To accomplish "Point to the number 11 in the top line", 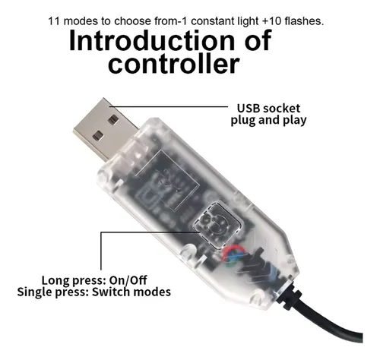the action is pyautogui.click(x=54, y=21).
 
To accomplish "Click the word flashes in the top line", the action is pyautogui.click(x=304, y=21).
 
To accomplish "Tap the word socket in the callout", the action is pyautogui.click(x=281, y=109).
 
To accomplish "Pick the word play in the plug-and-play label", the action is pyautogui.click(x=295, y=121).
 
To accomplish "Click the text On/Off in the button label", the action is pyautogui.click(x=128, y=280).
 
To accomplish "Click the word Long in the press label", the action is pyautogui.click(x=55, y=281).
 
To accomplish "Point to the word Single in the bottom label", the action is pyautogui.click(x=35, y=292).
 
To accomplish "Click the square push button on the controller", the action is pyautogui.click(x=217, y=225).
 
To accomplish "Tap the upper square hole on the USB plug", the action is pyautogui.click(x=113, y=120).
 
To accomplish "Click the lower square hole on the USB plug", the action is pyautogui.click(x=98, y=136).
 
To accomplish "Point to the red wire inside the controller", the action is pyautogui.click(x=233, y=249).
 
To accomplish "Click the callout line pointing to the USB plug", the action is pyautogui.click(x=169, y=106).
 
